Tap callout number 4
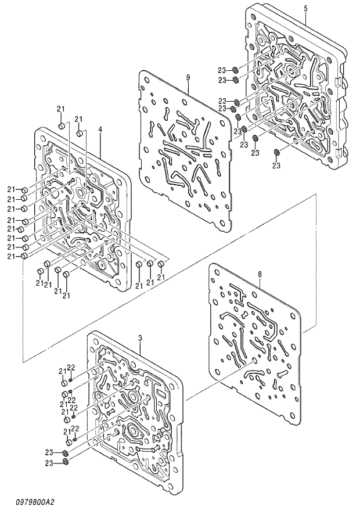tap(100, 129)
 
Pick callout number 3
tap(141, 337)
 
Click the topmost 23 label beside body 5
tap(222, 70)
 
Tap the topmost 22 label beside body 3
tap(72, 366)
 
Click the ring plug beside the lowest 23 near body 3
tap(66, 462)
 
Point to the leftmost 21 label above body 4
tap(60, 109)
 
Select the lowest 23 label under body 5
tap(276, 166)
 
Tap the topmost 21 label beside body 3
tap(62, 371)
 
